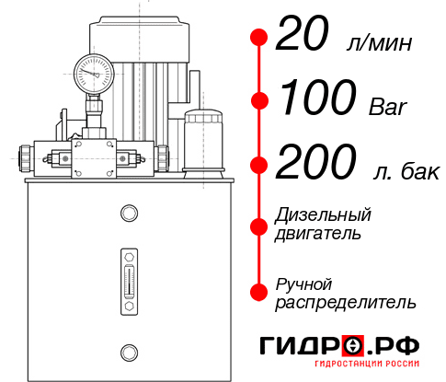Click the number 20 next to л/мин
[303, 39]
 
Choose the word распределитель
[346, 302]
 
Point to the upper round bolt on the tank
[129, 214]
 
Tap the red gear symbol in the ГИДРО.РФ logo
[354, 346]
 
